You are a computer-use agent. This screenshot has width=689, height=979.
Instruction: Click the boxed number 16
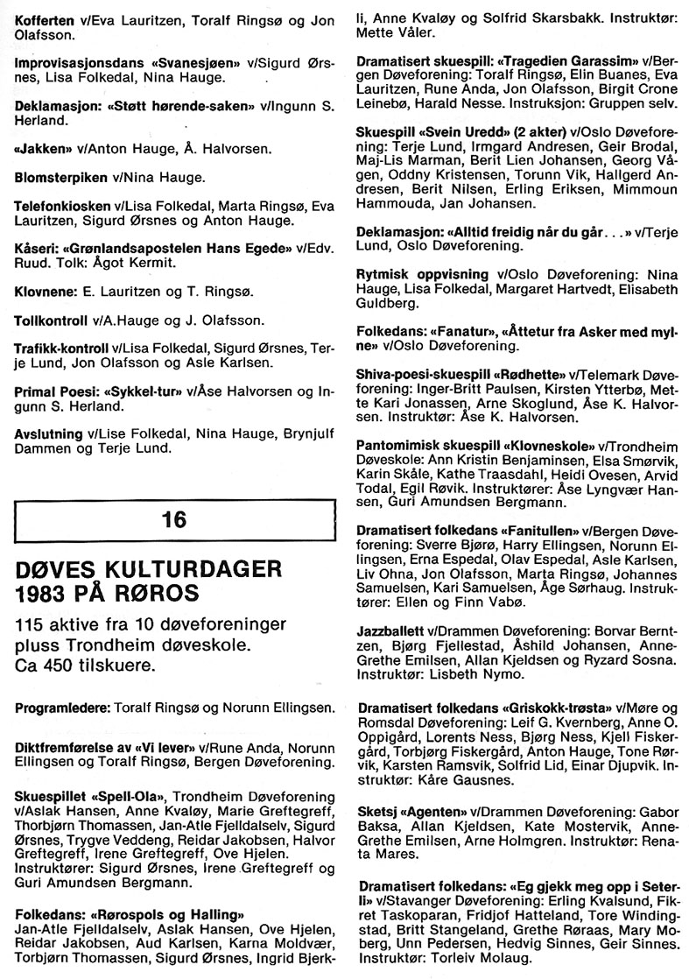coord(174,519)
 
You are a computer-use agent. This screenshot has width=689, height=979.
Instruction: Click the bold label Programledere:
coord(61,707)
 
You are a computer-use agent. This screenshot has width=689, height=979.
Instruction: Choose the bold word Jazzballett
coord(390,630)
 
